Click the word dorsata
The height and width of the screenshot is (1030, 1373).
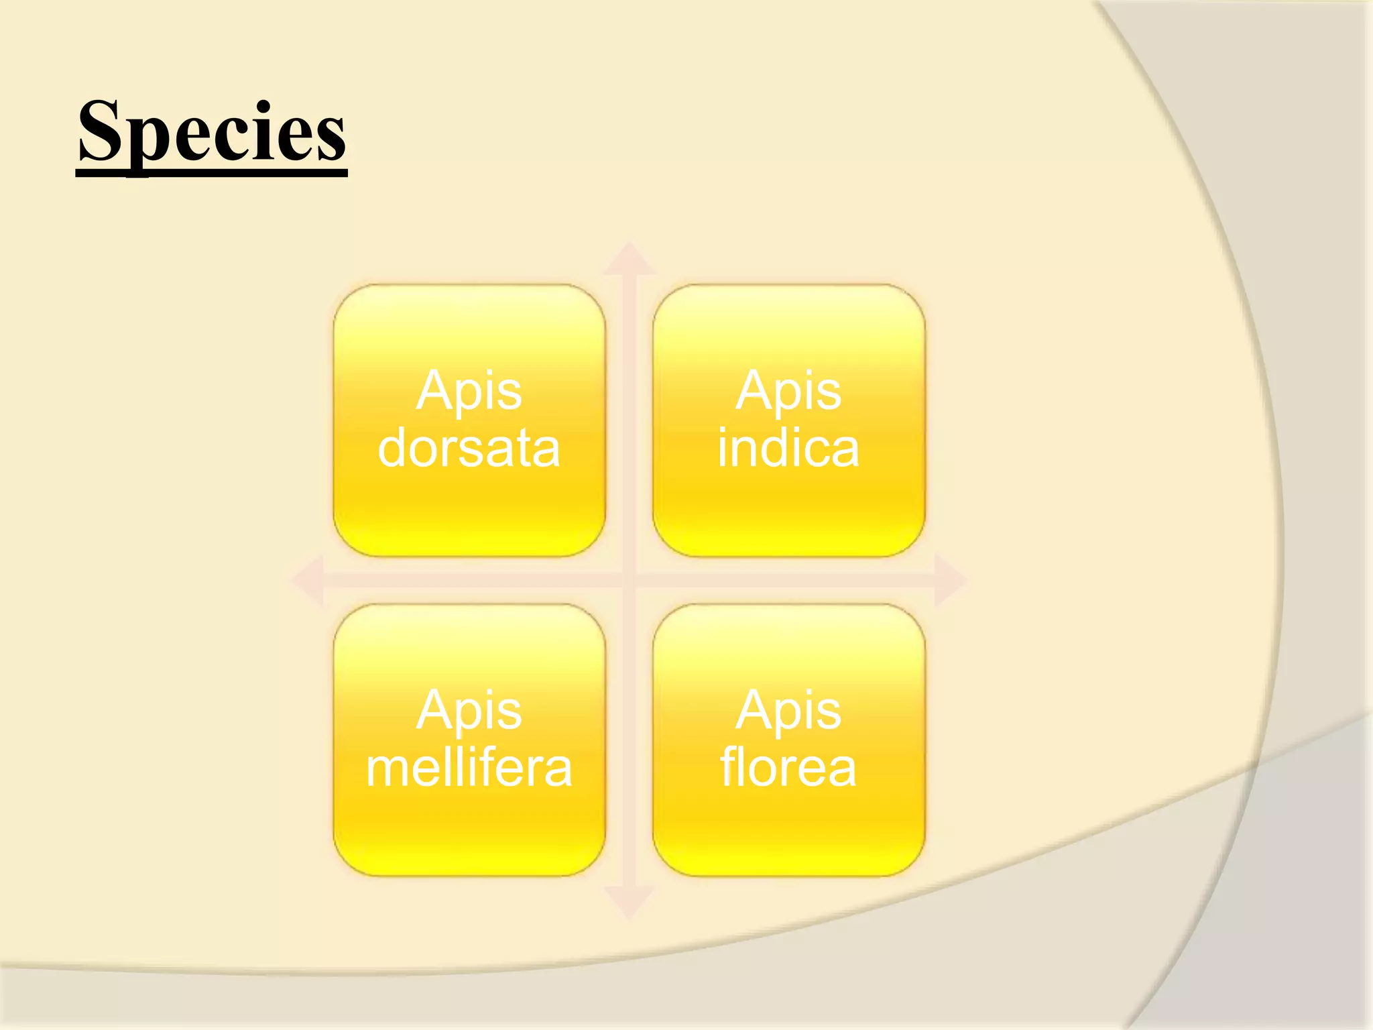(x=469, y=448)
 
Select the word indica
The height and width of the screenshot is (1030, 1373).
(x=788, y=448)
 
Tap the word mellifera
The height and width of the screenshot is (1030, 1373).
(x=469, y=768)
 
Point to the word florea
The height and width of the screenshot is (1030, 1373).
(x=788, y=768)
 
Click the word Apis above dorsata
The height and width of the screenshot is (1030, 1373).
(x=469, y=390)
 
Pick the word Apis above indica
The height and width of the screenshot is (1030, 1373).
(x=788, y=390)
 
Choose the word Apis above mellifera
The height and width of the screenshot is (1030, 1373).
(x=469, y=710)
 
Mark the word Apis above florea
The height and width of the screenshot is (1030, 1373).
(x=788, y=710)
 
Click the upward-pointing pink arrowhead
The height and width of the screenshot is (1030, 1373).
(x=629, y=260)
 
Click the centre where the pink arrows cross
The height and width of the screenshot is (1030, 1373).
(x=629, y=580)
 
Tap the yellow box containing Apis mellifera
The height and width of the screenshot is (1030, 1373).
(x=469, y=832)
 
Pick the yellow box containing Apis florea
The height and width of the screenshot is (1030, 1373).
(x=788, y=832)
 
